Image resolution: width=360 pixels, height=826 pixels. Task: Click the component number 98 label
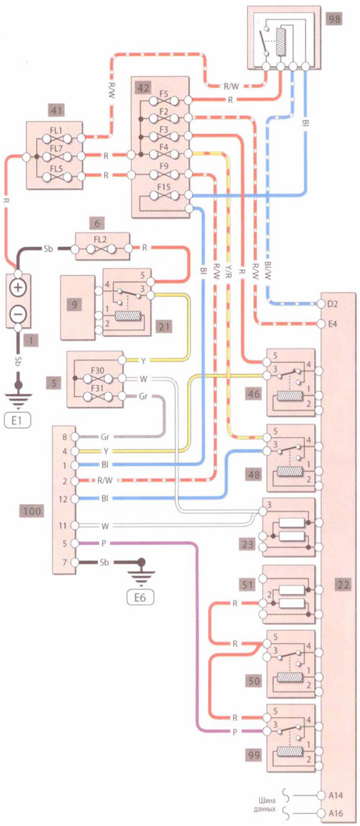point(334,21)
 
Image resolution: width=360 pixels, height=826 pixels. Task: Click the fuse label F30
point(97,370)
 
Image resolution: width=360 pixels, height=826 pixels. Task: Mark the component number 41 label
point(55,110)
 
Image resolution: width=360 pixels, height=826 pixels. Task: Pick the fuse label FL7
point(58,151)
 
